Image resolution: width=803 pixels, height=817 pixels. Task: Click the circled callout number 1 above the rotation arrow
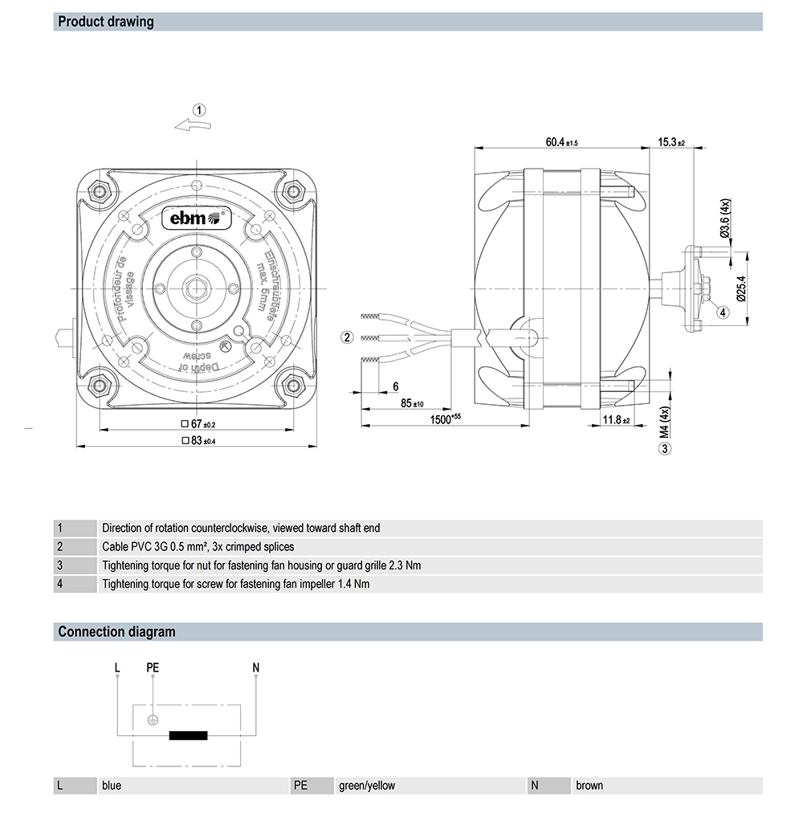click(199, 110)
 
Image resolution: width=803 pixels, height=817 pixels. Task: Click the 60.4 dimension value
click(561, 142)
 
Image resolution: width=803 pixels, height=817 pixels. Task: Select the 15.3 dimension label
click(671, 142)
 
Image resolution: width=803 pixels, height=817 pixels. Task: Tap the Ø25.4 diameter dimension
click(741, 288)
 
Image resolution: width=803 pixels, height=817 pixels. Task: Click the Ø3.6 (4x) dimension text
click(725, 218)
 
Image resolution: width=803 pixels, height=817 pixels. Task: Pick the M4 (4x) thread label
click(664, 421)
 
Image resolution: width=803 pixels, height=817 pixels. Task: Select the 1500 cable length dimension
click(445, 419)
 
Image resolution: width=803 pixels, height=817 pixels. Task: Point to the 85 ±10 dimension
click(412, 402)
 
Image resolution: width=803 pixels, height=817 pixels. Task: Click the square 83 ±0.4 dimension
click(199, 440)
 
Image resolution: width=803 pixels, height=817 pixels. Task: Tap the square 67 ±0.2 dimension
click(199, 423)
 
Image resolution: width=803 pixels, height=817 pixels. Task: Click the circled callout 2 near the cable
click(347, 337)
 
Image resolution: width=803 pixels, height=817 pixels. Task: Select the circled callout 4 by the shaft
click(723, 313)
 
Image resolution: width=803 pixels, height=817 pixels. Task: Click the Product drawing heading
click(106, 22)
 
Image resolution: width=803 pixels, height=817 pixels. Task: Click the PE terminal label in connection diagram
click(153, 668)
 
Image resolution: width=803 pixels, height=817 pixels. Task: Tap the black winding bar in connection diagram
click(188, 735)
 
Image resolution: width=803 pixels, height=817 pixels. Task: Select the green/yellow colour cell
click(367, 786)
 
